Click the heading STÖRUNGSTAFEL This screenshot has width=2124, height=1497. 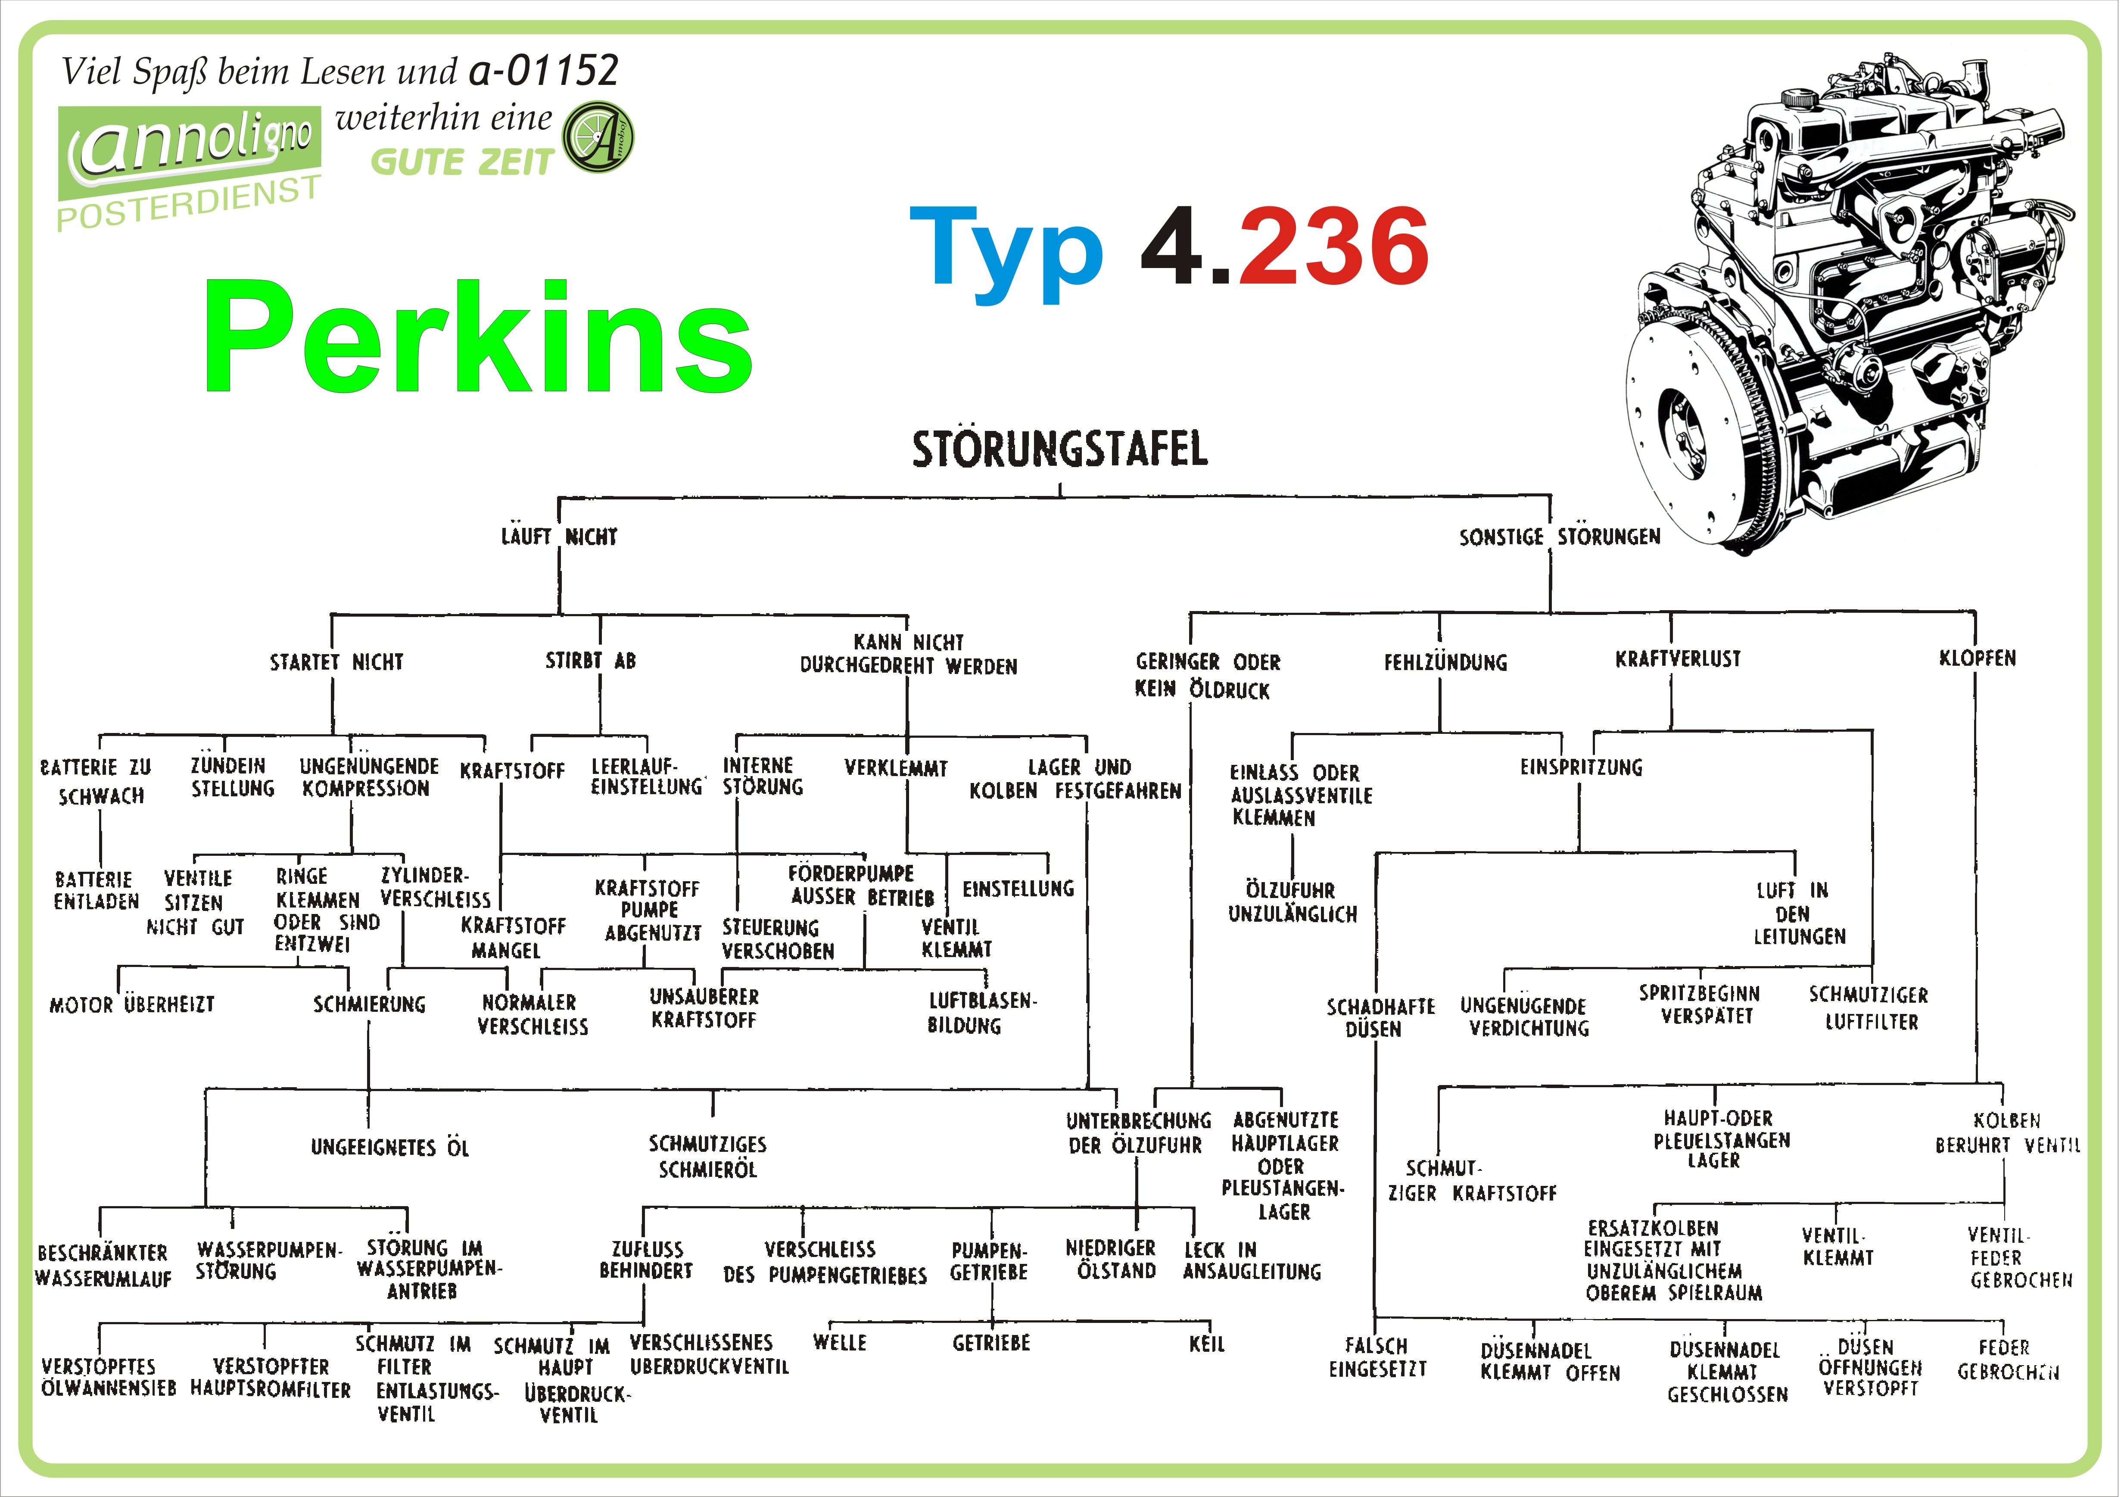coord(1059,449)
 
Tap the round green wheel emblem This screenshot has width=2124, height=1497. coord(598,137)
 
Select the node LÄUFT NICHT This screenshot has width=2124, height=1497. coord(559,536)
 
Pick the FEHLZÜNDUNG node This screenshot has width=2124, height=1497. coord(1445,662)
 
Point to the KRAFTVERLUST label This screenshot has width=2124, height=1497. coord(1677,659)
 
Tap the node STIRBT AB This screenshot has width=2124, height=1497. coord(590,661)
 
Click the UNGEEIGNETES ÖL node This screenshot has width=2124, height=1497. coord(389,1148)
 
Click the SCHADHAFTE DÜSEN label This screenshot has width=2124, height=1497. coord(1379,1017)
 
